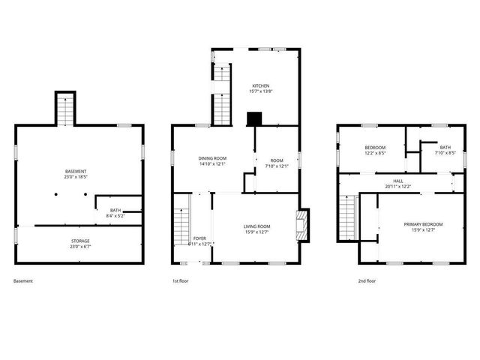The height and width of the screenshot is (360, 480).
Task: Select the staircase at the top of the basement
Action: pyautogui.click(x=65, y=110)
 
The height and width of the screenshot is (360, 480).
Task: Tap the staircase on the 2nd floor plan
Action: pyautogui.click(x=347, y=217)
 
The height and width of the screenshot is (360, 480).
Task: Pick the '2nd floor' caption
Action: pyautogui.click(x=367, y=281)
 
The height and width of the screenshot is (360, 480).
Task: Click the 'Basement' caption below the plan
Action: pyautogui.click(x=23, y=281)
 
